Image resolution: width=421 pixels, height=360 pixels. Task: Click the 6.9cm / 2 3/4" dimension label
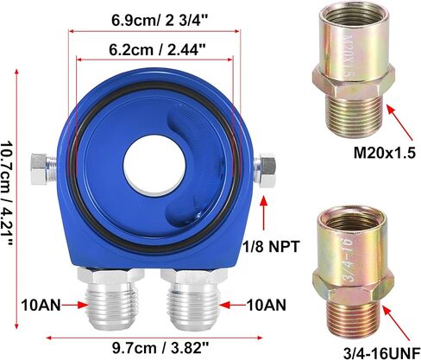click(x=160, y=21)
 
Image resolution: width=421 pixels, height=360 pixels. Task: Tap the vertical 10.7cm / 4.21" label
click(x=7, y=193)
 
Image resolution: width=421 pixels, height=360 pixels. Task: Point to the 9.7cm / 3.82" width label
click(x=160, y=349)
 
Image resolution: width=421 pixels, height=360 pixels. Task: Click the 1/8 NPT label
click(x=272, y=247)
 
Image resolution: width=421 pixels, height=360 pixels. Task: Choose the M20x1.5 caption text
click(x=385, y=153)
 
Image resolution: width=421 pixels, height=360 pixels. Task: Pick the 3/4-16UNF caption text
click(x=382, y=353)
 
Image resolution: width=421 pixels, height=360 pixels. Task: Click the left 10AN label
click(x=41, y=306)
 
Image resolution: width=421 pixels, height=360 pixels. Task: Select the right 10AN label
click(x=267, y=306)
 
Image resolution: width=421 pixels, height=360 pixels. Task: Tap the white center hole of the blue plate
click(x=154, y=164)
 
